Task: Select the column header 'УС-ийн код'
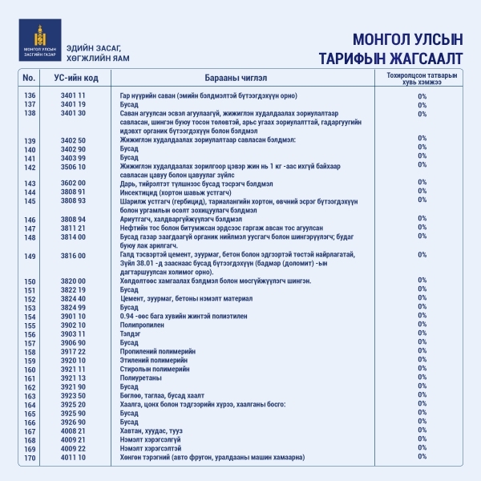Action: coord(82,77)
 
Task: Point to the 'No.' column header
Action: coord(30,77)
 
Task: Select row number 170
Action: coord(30,458)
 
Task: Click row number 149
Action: coord(30,256)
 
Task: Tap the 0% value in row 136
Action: coord(422,95)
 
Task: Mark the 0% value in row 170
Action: coord(422,458)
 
